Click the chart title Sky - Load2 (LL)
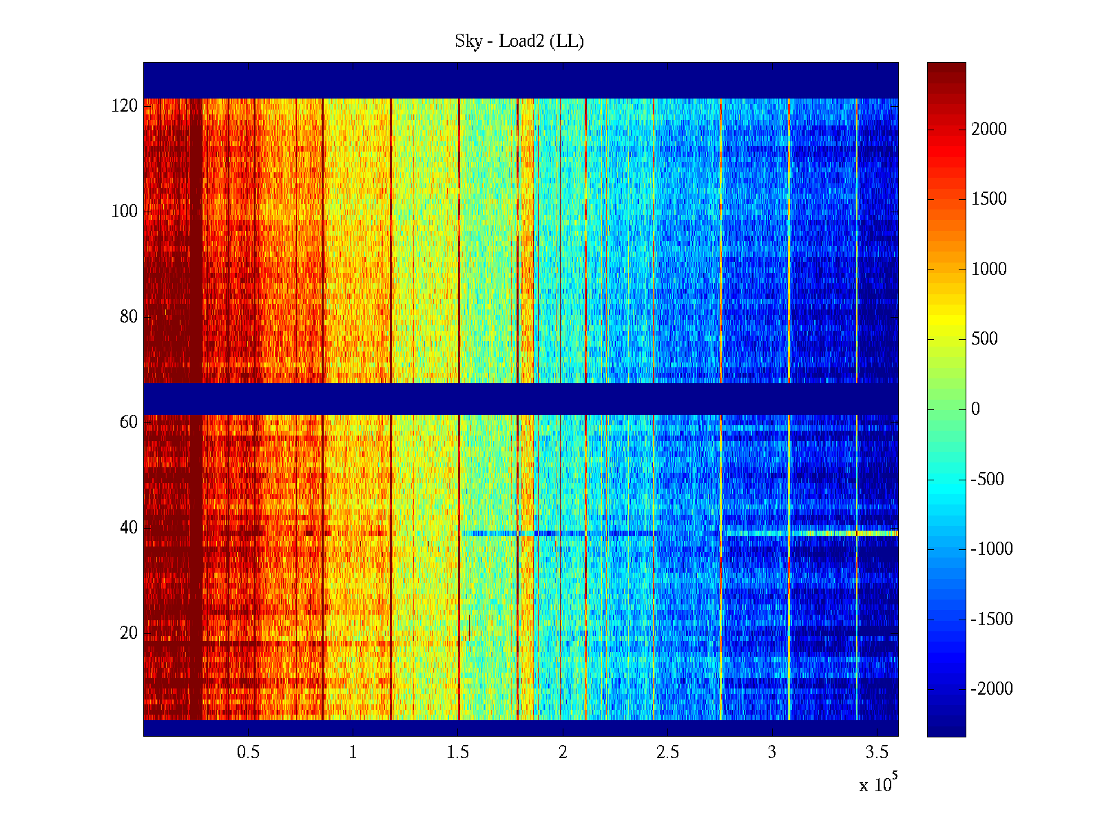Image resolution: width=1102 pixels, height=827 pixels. [519, 41]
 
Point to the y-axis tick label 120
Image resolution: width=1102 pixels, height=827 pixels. [125, 106]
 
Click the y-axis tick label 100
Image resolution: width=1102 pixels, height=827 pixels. [125, 212]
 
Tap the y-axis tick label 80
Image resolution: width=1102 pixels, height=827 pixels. [129, 317]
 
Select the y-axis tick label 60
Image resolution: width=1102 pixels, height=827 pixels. [129, 422]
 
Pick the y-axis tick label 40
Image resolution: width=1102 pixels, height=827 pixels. [129, 528]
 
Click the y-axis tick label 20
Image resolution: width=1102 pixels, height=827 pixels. [129, 633]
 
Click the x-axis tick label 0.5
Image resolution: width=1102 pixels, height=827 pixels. [248, 753]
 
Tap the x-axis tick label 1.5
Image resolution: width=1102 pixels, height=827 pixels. [458, 753]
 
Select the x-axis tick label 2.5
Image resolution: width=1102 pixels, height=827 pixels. [667, 753]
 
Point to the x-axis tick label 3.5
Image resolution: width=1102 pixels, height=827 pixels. [877, 753]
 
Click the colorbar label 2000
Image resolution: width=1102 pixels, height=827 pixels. [989, 130]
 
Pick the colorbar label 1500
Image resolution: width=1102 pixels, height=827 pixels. [989, 199]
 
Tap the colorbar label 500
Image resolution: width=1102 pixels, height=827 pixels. [984, 339]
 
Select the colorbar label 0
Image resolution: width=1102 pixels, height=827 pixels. [975, 409]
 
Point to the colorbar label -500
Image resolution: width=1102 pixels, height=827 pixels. [988, 479]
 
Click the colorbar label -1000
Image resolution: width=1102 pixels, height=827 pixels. [992, 549]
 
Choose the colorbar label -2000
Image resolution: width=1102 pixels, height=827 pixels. [992, 688]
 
